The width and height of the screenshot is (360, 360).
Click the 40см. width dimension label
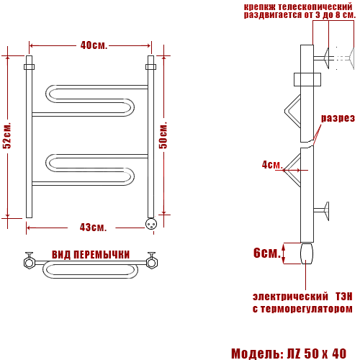click(94, 45)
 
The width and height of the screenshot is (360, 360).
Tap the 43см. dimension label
click(93, 228)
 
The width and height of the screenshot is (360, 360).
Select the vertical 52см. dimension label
click(7, 135)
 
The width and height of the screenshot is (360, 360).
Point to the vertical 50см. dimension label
click(163, 135)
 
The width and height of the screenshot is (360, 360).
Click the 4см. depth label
click(272, 165)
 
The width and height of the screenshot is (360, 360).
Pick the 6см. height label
click(267, 253)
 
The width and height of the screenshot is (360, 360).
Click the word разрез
click(338, 118)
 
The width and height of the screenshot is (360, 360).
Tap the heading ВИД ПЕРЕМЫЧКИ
click(91, 255)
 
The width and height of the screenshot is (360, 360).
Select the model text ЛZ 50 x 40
click(317, 354)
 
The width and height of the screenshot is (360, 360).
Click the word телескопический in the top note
click(315, 6)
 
